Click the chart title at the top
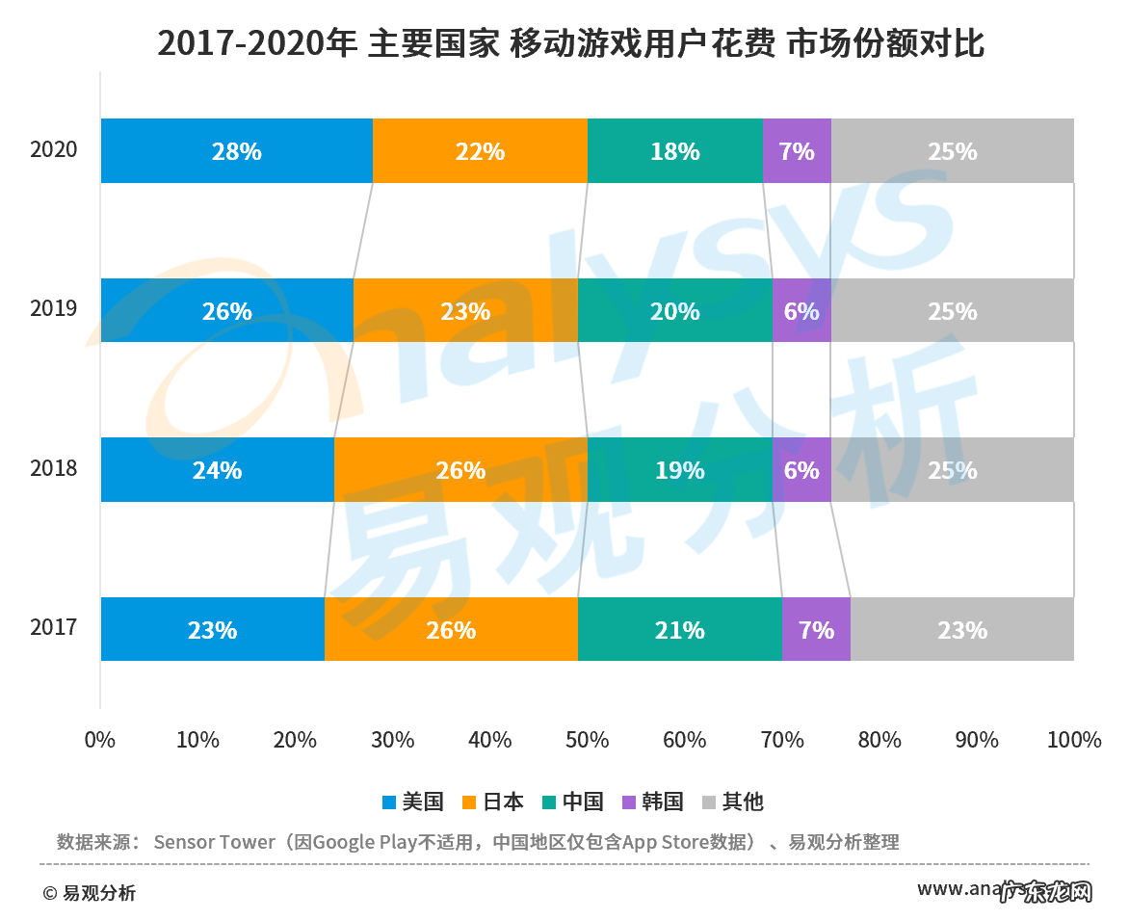(x=570, y=43)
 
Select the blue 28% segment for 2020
(x=237, y=151)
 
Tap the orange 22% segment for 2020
(x=480, y=151)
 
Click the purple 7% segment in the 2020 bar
(x=797, y=151)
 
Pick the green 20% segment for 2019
(x=674, y=311)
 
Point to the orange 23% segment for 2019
(x=465, y=311)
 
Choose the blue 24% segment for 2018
(x=217, y=470)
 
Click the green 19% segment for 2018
(x=679, y=470)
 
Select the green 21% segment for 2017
(x=679, y=630)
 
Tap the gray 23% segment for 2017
(x=961, y=630)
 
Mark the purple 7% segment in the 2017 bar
(x=816, y=630)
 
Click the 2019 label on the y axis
(x=53, y=309)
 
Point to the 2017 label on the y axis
(x=53, y=628)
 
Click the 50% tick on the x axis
(x=587, y=741)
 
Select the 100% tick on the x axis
(x=1073, y=741)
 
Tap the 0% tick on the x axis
(x=100, y=741)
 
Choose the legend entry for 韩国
(x=652, y=802)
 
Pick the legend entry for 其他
(x=732, y=802)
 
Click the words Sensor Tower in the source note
(x=214, y=842)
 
